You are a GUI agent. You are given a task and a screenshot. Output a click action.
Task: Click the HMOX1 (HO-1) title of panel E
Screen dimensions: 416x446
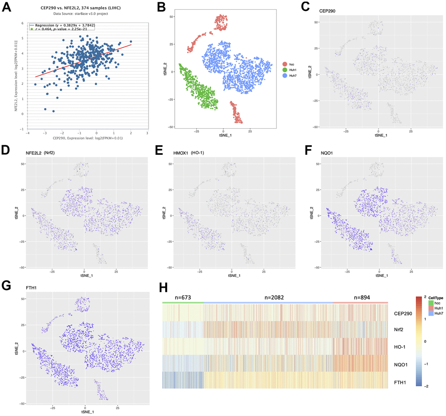189,152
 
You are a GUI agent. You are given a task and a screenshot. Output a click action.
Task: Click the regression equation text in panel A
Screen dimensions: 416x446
65,26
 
